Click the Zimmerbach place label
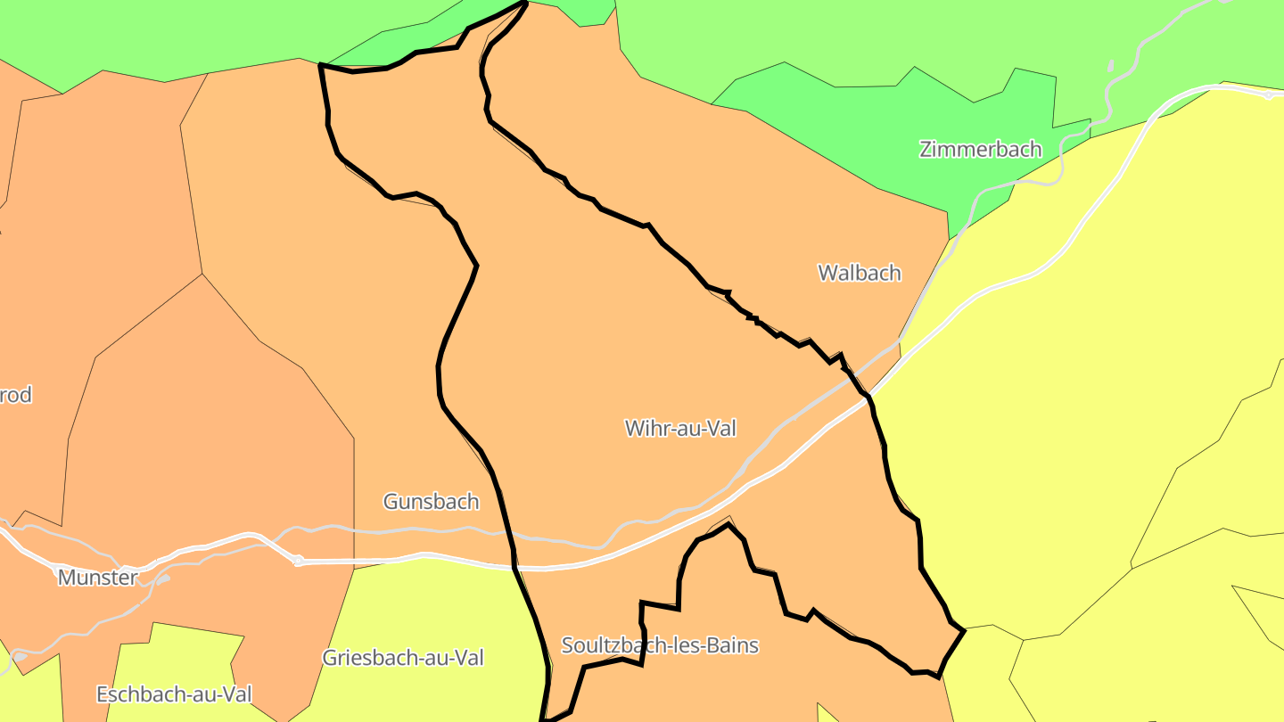[x=980, y=149]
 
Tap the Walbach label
[x=860, y=273]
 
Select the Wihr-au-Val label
[x=681, y=428]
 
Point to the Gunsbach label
[x=431, y=502]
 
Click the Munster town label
[x=98, y=578]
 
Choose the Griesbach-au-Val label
[x=403, y=658]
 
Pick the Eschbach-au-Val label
[x=174, y=693]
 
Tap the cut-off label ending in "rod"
[x=15, y=395]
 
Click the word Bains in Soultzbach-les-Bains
[x=729, y=644]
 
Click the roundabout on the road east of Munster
[x=299, y=561]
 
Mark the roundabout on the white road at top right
[x=1268, y=94]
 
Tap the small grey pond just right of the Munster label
[x=164, y=580]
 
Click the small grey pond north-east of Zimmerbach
[x=1110, y=65]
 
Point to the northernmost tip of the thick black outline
[x=525, y=3]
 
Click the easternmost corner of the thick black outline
[x=964, y=631]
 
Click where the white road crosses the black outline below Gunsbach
[x=514, y=564]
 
